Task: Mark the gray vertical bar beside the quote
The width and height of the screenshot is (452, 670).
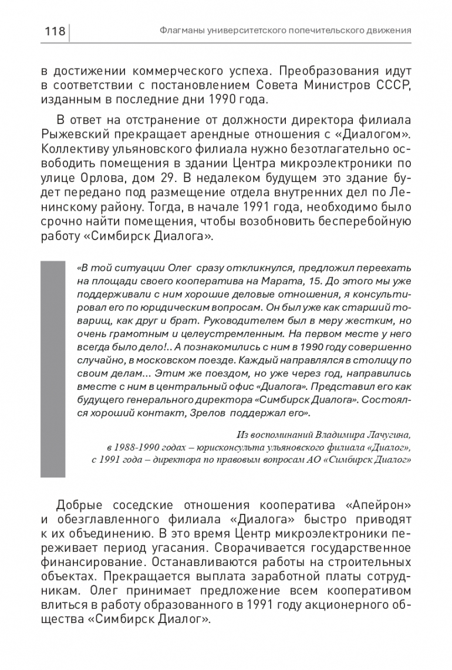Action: [52, 369]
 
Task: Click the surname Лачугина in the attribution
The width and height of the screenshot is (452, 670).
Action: [383, 435]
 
